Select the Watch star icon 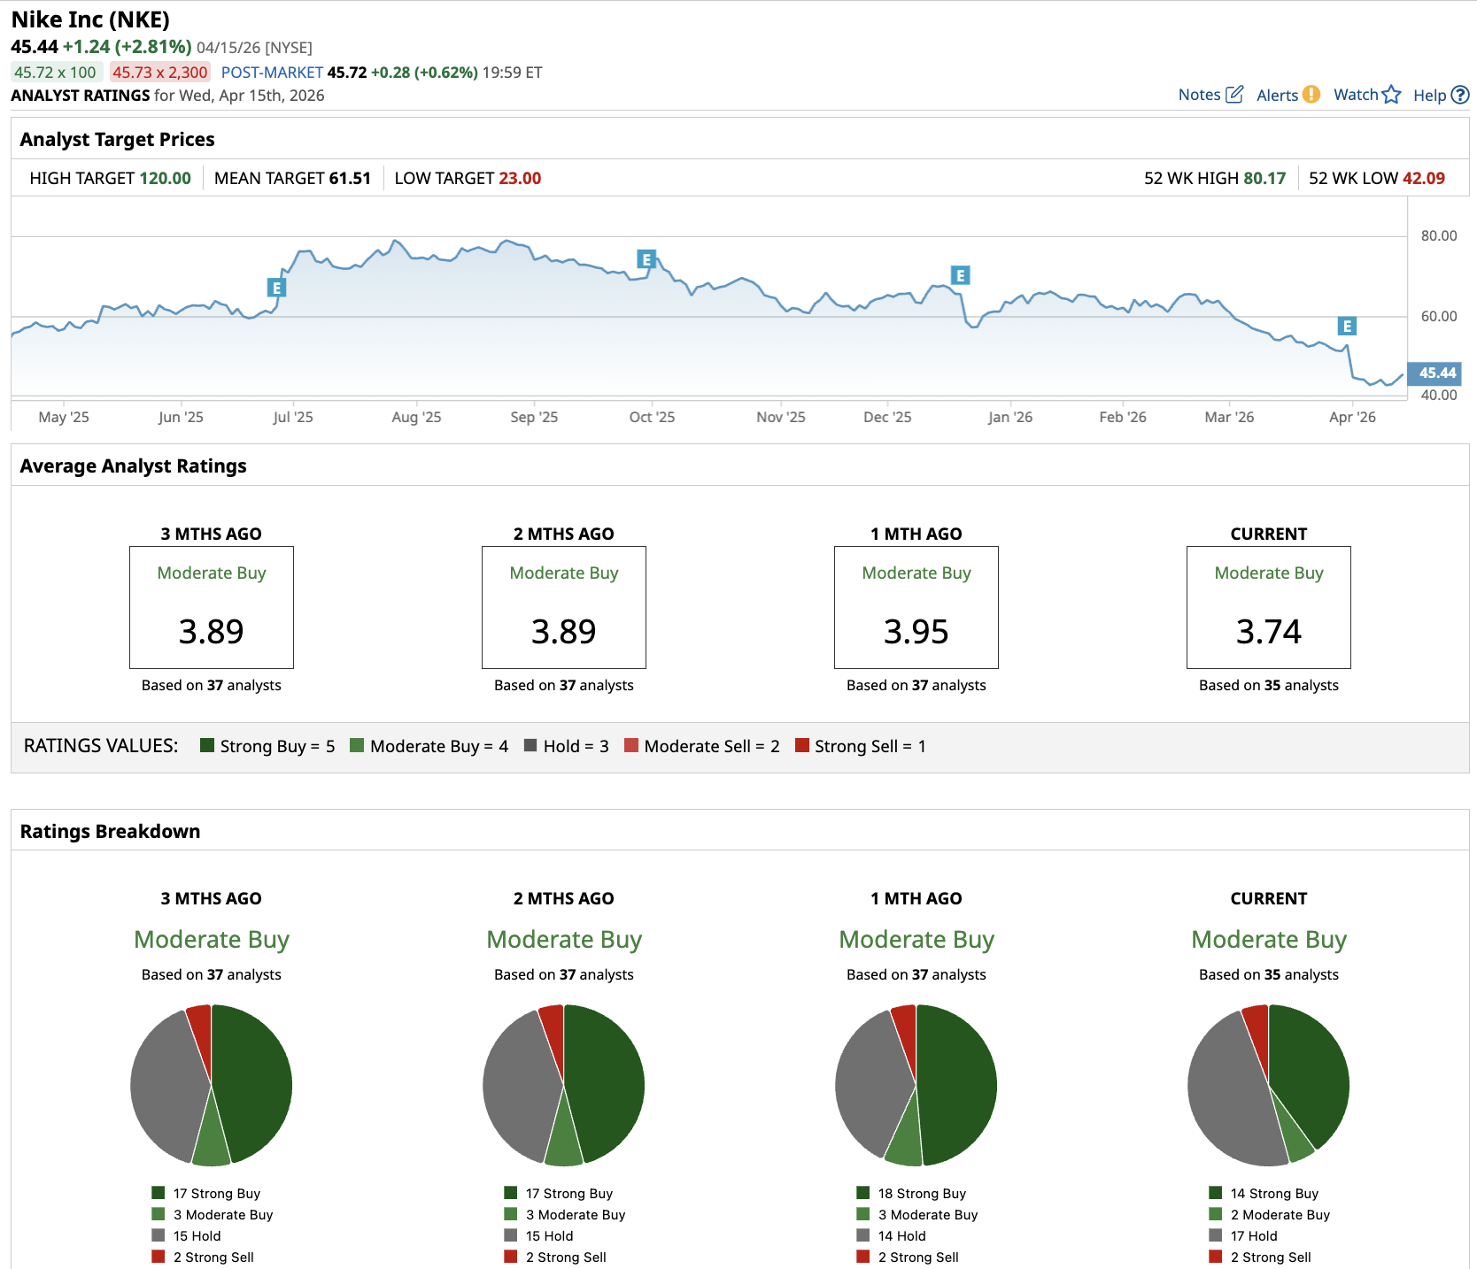tap(1391, 95)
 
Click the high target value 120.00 tap(165, 178)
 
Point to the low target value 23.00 tap(520, 178)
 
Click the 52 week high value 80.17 tap(1264, 178)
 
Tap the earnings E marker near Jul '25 tap(277, 288)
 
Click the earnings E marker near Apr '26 tap(1347, 327)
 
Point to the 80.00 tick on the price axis tap(1439, 235)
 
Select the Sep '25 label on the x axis tap(534, 417)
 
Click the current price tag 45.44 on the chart tap(1436, 373)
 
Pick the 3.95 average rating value tap(916, 631)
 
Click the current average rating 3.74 tap(1268, 631)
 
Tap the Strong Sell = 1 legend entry tap(861, 746)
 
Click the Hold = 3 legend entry tap(567, 746)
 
